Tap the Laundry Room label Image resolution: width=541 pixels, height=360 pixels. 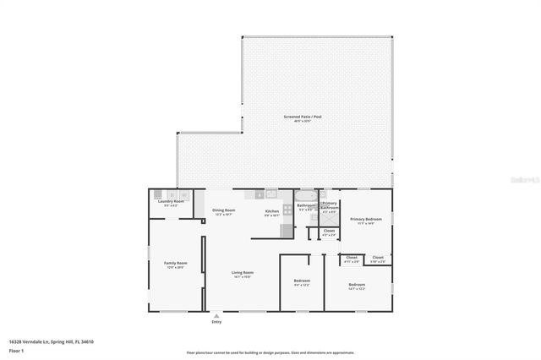(171, 202)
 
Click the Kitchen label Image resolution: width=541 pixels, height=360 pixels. (272, 210)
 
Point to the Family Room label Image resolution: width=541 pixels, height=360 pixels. (175, 264)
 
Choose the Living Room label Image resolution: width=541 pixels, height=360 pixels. (243, 272)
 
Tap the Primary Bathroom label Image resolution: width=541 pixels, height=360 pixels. (330, 205)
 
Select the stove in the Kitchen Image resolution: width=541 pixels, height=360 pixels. (287, 209)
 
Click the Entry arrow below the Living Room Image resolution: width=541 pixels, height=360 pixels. (216, 314)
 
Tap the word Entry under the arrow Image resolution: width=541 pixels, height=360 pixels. (216, 322)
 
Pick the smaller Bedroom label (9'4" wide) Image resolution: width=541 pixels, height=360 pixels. (302, 280)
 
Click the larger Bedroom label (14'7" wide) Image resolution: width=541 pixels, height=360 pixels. (357, 284)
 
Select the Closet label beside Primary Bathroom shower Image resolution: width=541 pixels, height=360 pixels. (329, 230)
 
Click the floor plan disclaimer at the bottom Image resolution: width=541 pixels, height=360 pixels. (270, 353)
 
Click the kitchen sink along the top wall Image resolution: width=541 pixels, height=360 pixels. (270, 193)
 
